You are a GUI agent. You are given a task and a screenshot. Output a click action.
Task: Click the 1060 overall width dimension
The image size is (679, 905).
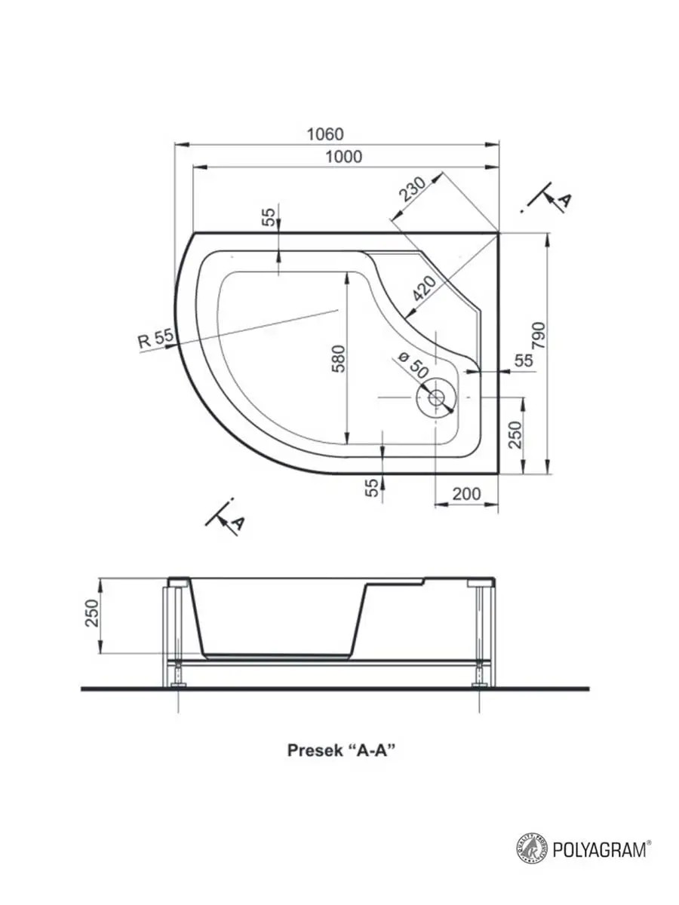click(325, 134)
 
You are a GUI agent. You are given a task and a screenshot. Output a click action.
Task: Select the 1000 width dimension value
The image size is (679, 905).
click(344, 157)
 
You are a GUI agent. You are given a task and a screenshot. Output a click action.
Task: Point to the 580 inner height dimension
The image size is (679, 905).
click(339, 359)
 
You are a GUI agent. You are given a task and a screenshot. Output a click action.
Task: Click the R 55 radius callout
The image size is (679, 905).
click(156, 339)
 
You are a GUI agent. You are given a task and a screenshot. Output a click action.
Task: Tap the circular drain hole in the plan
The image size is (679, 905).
click(437, 398)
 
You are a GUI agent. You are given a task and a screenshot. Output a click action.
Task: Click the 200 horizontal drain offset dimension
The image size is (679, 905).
click(467, 493)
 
